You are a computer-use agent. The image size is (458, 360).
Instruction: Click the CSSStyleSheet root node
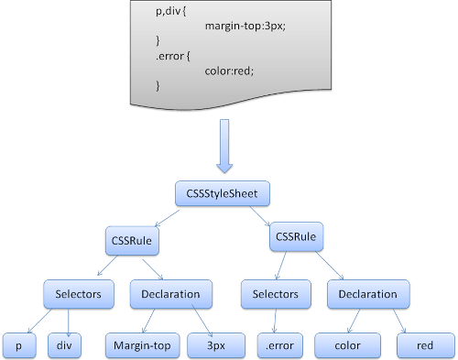pyautogui.click(x=224, y=194)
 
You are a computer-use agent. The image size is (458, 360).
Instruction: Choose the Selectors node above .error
pyautogui.click(x=270, y=294)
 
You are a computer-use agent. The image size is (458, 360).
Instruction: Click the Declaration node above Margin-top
pyautogui.click(x=171, y=294)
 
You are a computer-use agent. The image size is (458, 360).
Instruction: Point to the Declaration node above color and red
pyautogui.click(x=367, y=294)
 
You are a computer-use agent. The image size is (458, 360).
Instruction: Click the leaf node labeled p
pyautogui.click(x=17, y=345)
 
